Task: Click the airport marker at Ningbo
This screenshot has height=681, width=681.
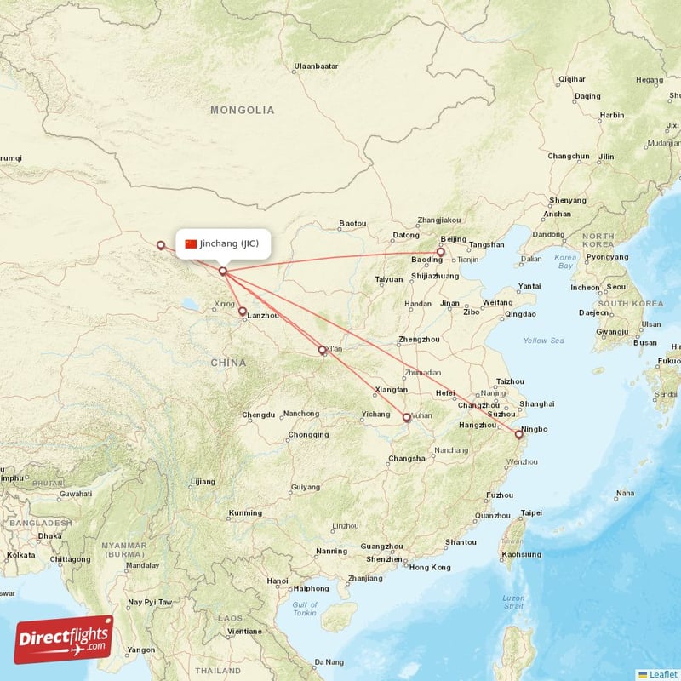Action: [x=518, y=434]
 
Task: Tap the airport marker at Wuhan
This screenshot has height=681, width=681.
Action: [x=406, y=417]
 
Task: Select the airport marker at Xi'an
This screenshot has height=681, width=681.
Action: [x=322, y=350]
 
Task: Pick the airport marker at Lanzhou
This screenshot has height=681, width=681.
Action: [x=243, y=312]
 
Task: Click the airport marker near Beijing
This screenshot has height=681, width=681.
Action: [x=441, y=252]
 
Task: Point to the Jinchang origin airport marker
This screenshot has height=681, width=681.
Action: [x=223, y=272]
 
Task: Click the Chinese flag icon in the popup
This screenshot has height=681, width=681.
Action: [x=191, y=243]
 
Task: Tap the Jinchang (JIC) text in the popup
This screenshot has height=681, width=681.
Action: [x=229, y=243]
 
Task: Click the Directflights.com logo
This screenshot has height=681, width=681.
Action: [x=64, y=639]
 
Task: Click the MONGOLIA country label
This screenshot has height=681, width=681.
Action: [x=243, y=111]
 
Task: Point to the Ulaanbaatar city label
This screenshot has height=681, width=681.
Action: [x=316, y=66]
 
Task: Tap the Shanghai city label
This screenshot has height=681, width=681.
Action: [x=536, y=403]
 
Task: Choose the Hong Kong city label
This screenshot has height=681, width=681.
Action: [x=430, y=567]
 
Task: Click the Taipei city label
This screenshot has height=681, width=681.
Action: [x=530, y=512]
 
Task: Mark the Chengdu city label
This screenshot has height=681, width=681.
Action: [x=258, y=415]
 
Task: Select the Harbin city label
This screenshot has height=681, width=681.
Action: [x=612, y=115]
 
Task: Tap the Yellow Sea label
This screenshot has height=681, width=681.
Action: [x=543, y=340]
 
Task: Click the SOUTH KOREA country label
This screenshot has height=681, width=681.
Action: [x=630, y=304]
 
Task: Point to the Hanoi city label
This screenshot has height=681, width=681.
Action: [x=278, y=581]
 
